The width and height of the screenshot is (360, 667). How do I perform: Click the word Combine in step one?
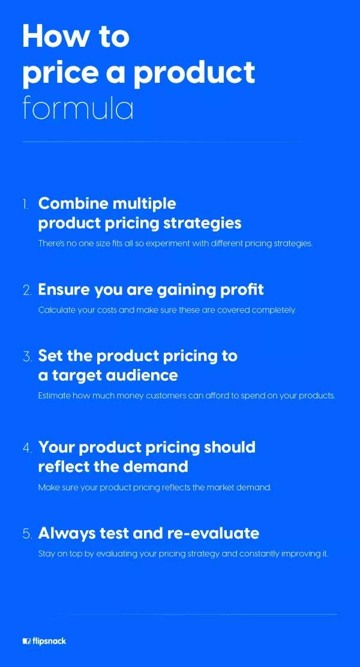(73, 203)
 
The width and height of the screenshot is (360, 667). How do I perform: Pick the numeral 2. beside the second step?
(27, 290)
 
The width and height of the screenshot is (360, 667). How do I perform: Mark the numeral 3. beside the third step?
(27, 356)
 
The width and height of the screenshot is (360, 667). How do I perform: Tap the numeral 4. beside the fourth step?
(27, 448)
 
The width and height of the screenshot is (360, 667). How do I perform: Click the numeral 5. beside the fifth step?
(27, 534)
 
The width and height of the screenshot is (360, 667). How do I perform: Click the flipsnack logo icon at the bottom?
(27, 641)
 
